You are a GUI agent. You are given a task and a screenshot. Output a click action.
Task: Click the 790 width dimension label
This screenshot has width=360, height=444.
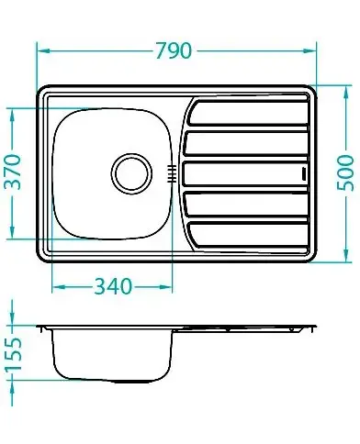point(174,50)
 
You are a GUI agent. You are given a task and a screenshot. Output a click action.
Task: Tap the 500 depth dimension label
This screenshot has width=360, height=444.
point(345,172)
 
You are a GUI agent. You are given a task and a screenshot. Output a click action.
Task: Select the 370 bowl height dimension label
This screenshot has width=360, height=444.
point(14,172)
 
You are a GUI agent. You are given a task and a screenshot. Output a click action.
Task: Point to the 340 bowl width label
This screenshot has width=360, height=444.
point(113,287)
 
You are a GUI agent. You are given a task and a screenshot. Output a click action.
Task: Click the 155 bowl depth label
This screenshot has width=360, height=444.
point(14,354)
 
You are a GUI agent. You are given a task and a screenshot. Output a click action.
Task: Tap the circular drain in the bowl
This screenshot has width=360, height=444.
point(131,173)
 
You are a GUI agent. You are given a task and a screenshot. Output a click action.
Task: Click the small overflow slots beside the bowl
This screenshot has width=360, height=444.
point(172,173)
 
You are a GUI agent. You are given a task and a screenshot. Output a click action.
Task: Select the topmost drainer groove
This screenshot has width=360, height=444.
point(247,113)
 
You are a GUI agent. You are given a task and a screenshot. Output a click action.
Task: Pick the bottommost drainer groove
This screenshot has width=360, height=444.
point(247,234)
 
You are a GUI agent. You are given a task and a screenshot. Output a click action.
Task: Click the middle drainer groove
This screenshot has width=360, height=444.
point(245,173)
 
